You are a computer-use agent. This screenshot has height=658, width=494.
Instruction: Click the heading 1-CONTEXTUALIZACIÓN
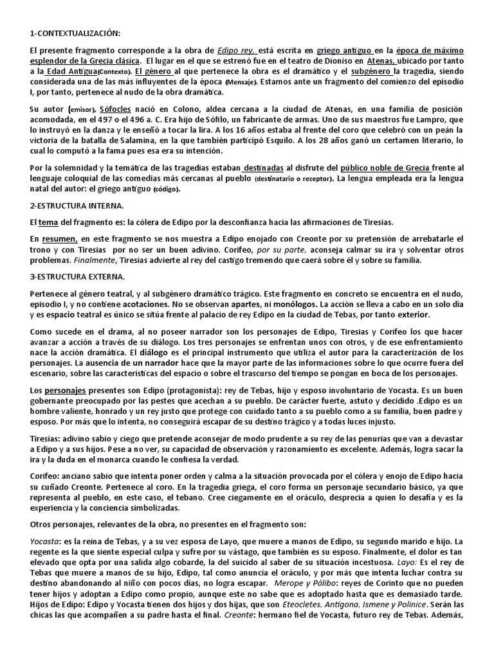click(75, 33)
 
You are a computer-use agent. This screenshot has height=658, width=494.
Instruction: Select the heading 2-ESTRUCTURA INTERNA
click(78, 205)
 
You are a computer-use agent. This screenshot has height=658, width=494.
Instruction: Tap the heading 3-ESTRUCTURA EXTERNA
click(78, 277)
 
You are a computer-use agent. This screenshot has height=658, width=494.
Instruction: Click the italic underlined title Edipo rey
click(237, 51)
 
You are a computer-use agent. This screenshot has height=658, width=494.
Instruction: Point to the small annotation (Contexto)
click(117, 72)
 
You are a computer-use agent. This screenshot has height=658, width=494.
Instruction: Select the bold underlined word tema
click(49, 222)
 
